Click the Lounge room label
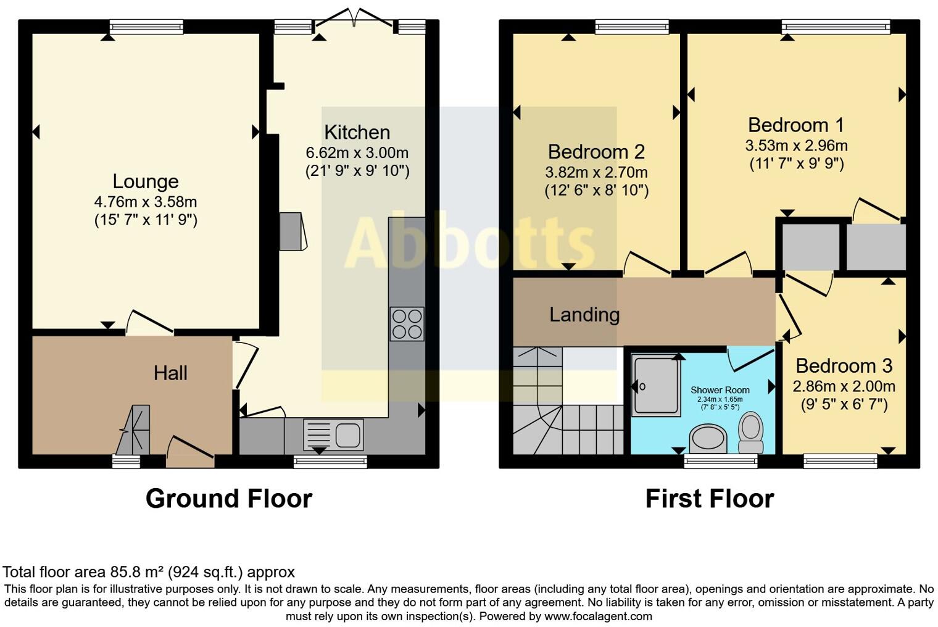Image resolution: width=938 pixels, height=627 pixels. (146, 181)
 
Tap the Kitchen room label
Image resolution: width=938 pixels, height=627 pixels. (357, 133)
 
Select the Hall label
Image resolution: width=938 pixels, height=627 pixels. (170, 373)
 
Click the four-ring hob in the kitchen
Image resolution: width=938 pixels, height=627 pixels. (407, 324)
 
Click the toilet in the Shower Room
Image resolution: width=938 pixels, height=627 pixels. (751, 433)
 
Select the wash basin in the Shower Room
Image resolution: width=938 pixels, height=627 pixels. (708, 439)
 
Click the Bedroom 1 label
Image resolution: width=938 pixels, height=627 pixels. (795, 125)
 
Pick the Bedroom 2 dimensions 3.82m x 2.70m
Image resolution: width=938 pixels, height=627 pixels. (596, 172)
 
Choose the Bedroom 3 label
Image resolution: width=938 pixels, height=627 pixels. (844, 366)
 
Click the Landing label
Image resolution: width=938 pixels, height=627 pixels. (584, 315)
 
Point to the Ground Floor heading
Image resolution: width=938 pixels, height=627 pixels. (229, 499)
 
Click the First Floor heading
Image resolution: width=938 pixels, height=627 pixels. (710, 499)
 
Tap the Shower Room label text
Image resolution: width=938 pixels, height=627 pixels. (720, 390)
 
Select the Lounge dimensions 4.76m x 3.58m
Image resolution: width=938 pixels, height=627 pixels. (146, 202)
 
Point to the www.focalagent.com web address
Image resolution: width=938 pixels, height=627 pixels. (597, 616)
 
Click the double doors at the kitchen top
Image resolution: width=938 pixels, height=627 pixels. (354, 19)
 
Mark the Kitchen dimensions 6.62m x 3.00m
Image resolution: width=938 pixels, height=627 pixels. (357, 152)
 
